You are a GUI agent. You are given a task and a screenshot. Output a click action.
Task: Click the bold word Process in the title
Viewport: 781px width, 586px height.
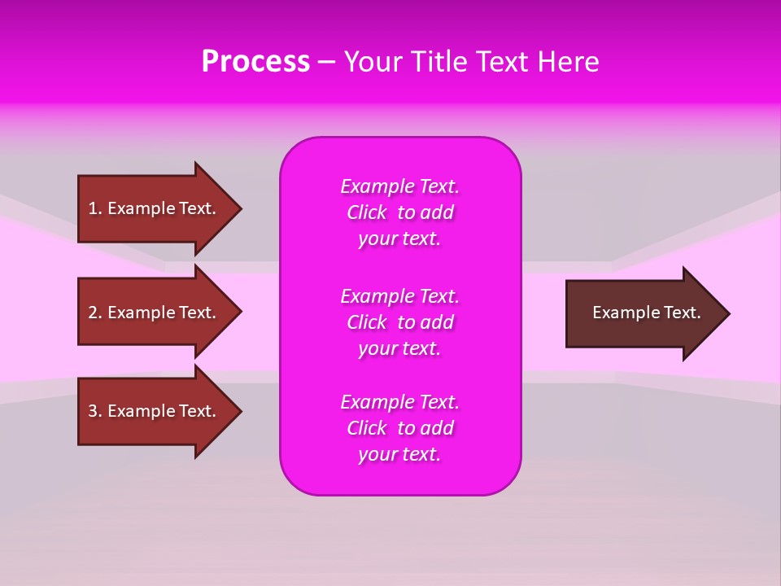coord(255,62)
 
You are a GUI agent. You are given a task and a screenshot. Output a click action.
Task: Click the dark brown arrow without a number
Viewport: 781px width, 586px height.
coord(643,313)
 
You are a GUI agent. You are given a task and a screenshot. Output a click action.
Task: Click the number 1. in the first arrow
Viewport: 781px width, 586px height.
coord(95,208)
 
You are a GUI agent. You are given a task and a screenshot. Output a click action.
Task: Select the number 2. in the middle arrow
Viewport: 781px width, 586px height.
coord(95,313)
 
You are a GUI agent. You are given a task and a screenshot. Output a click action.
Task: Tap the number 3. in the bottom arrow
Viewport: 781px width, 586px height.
coord(95,411)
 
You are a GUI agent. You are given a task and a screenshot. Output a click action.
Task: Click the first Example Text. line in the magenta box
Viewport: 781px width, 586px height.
coord(399,186)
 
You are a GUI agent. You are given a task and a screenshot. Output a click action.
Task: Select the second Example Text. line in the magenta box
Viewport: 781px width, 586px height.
coord(399,296)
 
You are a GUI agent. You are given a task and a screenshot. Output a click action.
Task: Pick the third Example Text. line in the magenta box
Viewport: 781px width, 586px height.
coord(399,402)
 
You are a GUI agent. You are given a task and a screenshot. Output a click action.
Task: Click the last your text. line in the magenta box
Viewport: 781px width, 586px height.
coord(399,454)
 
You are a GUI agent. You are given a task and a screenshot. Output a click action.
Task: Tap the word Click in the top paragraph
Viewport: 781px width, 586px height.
coord(367,212)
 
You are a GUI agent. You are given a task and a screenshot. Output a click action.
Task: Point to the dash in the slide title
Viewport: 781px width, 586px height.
coord(327,63)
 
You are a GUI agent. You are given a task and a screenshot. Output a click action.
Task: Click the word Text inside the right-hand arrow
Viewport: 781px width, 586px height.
coord(682,313)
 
